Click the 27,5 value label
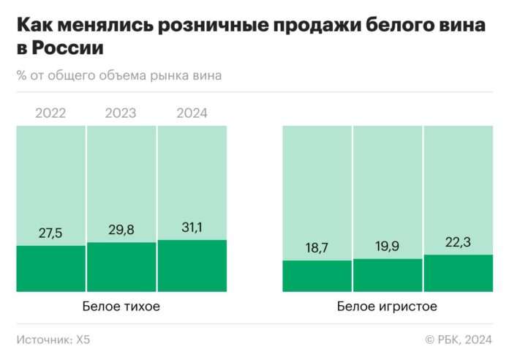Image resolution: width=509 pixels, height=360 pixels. point(50,234)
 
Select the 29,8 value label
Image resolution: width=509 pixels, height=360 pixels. point(121,230)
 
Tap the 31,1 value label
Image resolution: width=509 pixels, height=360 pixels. point(192,228)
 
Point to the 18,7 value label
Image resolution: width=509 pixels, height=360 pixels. point(317,249)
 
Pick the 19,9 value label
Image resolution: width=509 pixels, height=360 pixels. point(388,247)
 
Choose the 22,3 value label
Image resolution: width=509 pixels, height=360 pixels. point(459,243)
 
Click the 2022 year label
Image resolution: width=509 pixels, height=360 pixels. point(50,113)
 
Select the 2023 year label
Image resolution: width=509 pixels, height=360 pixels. point(121,113)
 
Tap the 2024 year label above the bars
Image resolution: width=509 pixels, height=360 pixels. point(192,113)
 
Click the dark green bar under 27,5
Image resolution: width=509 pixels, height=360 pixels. point(50,269)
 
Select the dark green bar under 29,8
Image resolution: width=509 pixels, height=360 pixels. point(121,267)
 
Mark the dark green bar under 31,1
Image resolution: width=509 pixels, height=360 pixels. point(192,266)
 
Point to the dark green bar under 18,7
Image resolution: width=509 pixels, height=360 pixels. point(317,276)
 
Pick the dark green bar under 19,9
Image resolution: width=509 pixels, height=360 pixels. point(388,275)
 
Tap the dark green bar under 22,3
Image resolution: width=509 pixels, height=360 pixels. point(459,273)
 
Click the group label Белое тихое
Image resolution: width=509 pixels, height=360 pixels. point(121,307)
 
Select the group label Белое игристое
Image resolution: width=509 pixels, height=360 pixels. point(388,307)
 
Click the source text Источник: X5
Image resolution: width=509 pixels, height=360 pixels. point(53,340)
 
